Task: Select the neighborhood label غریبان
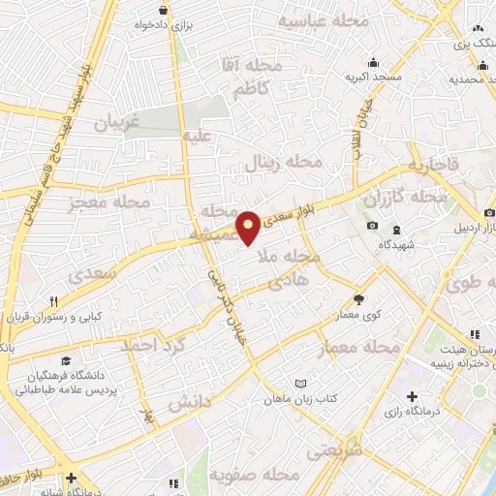coord(118,123)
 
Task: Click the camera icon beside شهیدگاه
coord(373,226)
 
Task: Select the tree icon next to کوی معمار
coord(359,300)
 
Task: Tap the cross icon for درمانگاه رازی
coord(414,396)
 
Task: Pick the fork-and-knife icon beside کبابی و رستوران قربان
coord(55,300)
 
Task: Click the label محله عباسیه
coord(325,21)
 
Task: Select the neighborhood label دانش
coord(190,402)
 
